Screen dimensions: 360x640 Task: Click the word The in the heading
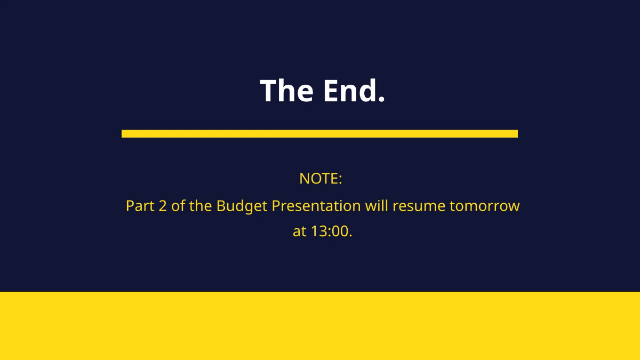tap(286, 91)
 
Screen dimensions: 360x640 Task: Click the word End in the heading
tap(349, 91)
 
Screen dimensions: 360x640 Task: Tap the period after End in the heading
tap(381, 100)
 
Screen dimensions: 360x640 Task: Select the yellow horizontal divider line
tap(319, 133)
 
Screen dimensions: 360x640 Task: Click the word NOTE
tap(318, 179)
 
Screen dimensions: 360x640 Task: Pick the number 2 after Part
tap(163, 206)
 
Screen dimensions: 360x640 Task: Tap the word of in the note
tap(178, 206)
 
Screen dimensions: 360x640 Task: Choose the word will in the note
tap(377, 206)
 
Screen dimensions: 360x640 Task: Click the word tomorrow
tap(485, 206)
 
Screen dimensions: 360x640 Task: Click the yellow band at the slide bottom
tap(320, 325)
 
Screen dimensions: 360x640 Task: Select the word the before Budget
tap(201, 206)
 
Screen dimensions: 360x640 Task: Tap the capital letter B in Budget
tap(220, 206)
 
